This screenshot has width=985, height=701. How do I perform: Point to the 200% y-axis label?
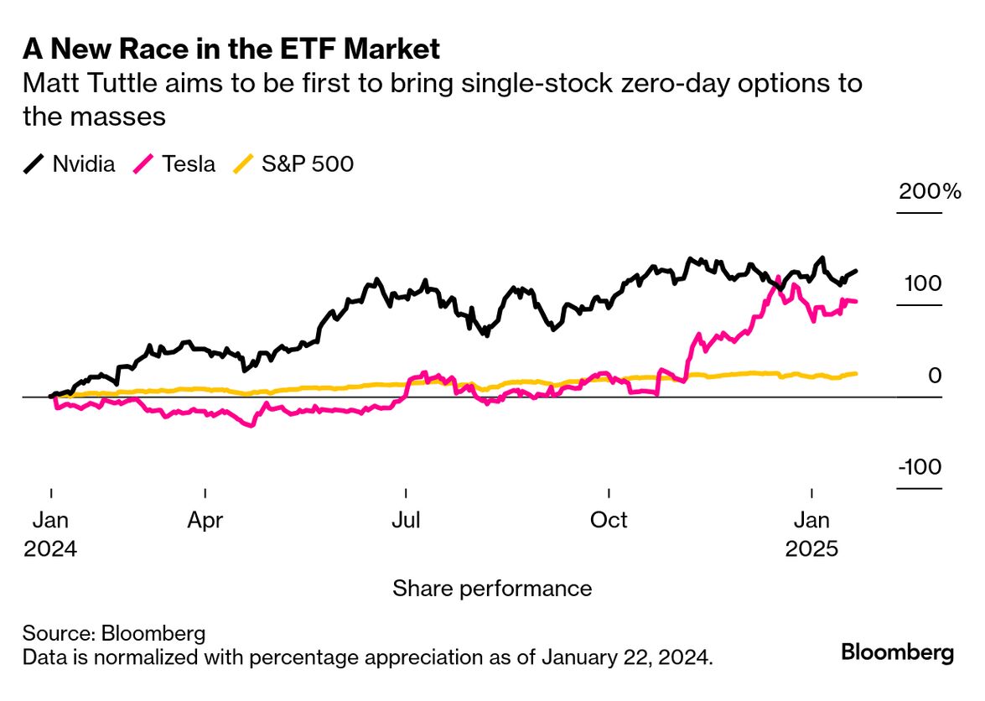pyautogui.click(x=930, y=191)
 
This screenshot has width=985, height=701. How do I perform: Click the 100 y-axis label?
pyautogui.click(x=923, y=283)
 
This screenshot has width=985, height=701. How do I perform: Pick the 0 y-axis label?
pyautogui.click(x=935, y=376)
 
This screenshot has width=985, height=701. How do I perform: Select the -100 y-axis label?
pyautogui.click(x=920, y=467)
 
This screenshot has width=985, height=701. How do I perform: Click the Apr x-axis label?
pyautogui.click(x=205, y=521)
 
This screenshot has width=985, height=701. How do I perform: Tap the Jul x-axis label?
pyautogui.click(x=406, y=521)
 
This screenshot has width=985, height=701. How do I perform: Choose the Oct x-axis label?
pyautogui.click(x=609, y=521)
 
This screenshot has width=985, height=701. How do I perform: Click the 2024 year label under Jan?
pyautogui.click(x=50, y=549)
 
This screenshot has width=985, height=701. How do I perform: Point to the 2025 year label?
pyautogui.click(x=811, y=549)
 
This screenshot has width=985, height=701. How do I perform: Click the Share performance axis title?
pyautogui.click(x=492, y=589)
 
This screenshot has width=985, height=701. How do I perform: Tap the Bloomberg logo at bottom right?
pyautogui.click(x=897, y=652)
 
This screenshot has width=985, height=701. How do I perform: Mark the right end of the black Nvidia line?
pyautogui.click(x=856, y=271)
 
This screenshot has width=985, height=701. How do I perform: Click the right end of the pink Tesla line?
pyautogui.click(x=855, y=301)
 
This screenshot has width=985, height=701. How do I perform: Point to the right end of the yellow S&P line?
pyautogui.click(x=855, y=373)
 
